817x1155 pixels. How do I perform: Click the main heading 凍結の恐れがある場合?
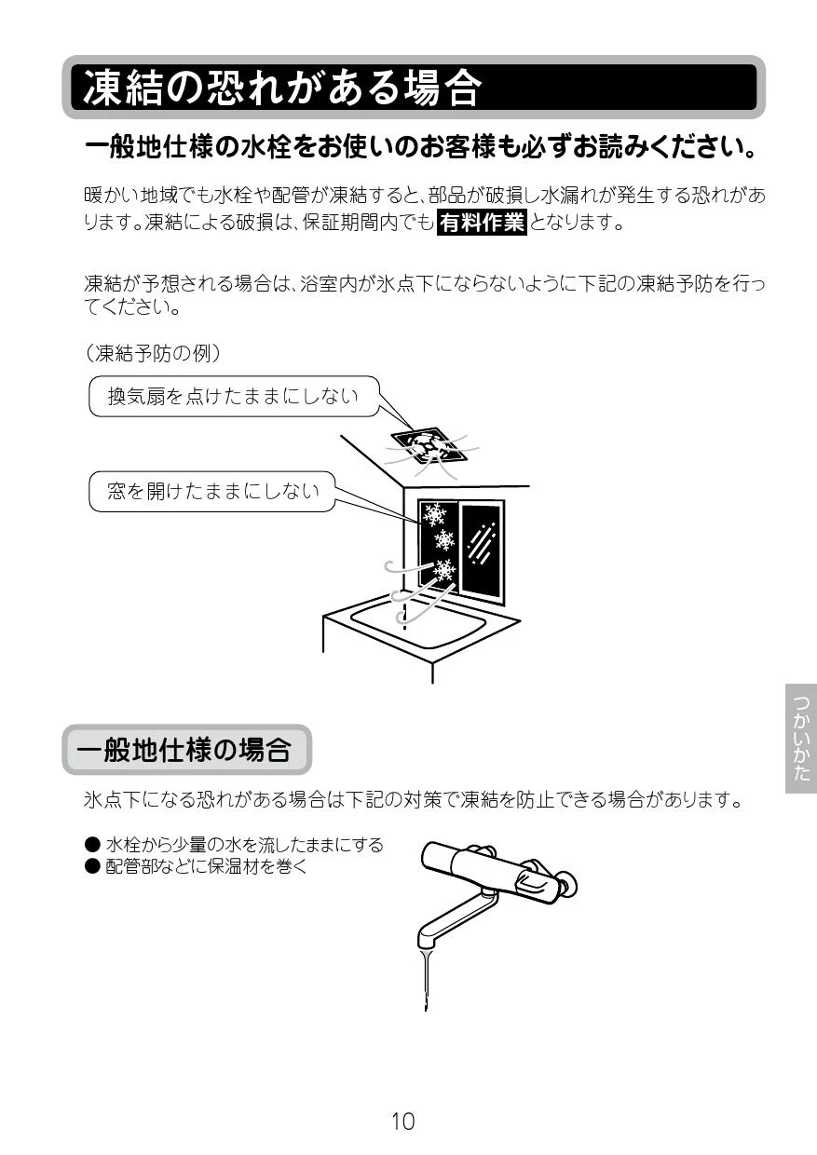click(x=282, y=88)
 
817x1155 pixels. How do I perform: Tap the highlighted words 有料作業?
click(x=482, y=223)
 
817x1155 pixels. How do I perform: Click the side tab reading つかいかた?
click(x=801, y=739)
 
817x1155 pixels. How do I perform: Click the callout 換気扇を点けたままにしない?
click(x=234, y=396)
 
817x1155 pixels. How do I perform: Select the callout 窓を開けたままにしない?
click(x=212, y=492)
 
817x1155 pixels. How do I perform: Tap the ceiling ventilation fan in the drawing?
click(x=429, y=445)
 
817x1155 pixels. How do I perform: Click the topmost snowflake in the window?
click(x=434, y=514)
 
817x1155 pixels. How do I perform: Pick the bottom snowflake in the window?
click(x=444, y=570)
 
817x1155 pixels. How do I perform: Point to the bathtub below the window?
click(x=420, y=627)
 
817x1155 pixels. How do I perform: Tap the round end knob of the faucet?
click(x=568, y=888)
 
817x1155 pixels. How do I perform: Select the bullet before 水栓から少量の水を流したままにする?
click(x=92, y=845)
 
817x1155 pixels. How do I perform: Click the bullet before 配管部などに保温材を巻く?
click(x=92, y=866)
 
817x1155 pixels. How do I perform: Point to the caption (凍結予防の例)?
click(x=153, y=354)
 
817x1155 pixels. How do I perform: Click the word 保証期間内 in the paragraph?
click(x=349, y=223)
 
